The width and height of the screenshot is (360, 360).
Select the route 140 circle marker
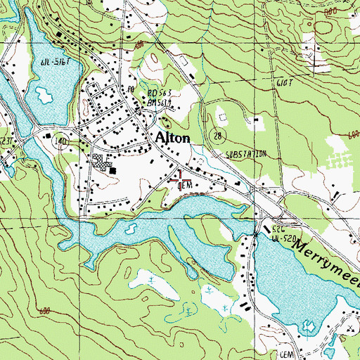click(62, 141)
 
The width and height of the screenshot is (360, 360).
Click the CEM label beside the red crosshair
click(186, 186)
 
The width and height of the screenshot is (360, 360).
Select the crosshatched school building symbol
click(102, 162)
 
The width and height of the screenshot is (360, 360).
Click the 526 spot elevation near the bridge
click(278, 231)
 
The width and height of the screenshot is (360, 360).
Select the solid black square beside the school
click(112, 169)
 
